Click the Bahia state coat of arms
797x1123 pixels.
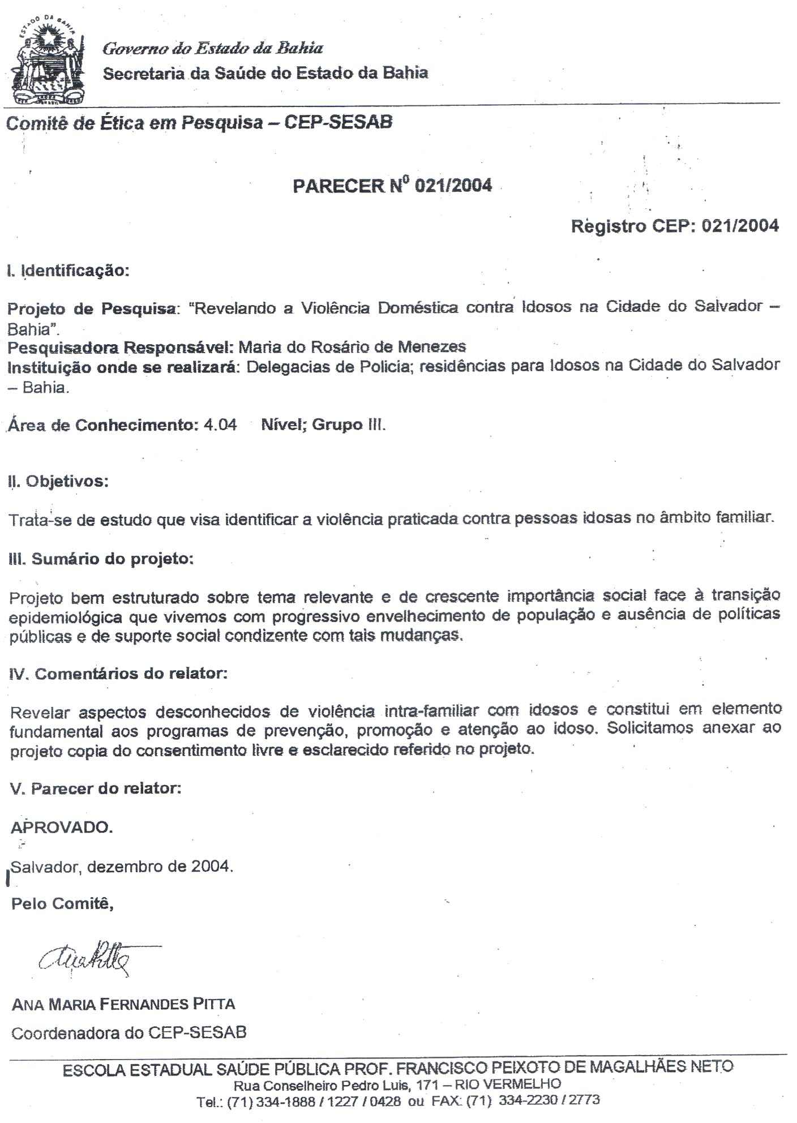point(49,60)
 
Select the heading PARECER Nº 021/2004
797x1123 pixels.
point(392,186)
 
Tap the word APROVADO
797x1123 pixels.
point(62,828)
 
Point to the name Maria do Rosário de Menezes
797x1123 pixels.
point(352,347)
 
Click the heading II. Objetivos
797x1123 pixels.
point(58,482)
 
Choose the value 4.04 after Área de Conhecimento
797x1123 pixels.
point(220,425)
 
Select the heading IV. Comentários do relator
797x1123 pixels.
point(119,674)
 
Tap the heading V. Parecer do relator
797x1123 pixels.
point(96,788)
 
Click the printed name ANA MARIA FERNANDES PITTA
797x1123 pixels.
point(123,1005)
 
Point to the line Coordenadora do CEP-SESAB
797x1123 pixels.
point(129,1033)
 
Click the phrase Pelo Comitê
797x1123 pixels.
point(62,903)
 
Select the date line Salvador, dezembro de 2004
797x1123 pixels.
point(122,867)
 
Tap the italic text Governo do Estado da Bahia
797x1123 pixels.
point(213,49)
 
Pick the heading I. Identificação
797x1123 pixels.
point(68,271)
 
